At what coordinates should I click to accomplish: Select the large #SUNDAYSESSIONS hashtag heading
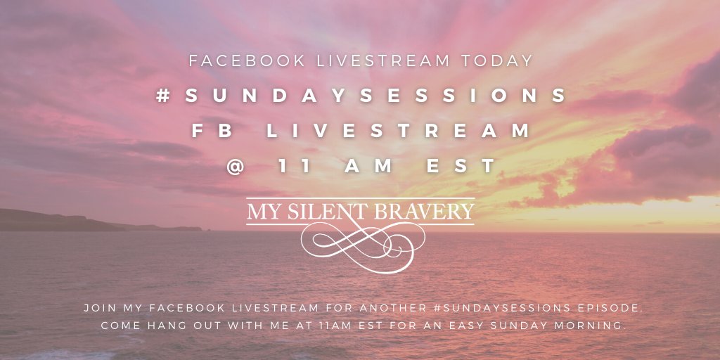[361, 96]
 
